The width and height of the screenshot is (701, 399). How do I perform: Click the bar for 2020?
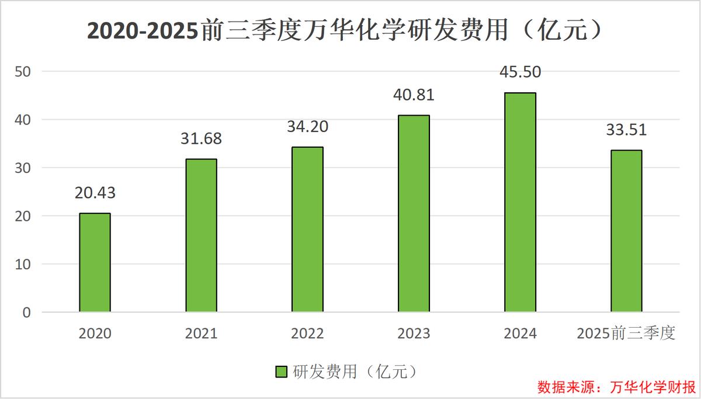coord(95,263)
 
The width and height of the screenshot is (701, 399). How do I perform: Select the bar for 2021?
coord(201,235)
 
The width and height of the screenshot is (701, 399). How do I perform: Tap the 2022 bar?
coord(307,230)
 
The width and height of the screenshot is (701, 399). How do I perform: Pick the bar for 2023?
coord(414,214)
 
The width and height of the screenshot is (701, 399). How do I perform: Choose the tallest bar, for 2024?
coord(520,202)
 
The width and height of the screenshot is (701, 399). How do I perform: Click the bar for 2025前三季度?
coord(626,231)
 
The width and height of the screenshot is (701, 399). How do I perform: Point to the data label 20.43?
coord(95,193)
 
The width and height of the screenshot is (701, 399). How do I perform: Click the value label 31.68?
coord(201,139)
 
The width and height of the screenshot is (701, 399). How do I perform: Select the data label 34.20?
coord(307,127)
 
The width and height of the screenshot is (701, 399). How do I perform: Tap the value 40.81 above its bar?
coord(414,95)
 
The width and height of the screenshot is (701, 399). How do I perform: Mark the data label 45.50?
coord(520,72)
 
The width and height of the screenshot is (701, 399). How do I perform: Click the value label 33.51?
coord(626,130)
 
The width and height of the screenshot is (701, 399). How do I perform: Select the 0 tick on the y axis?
coord(26,313)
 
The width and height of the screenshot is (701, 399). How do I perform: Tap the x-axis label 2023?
coord(414,334)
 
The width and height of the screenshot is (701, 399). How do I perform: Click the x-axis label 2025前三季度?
coord(626,334)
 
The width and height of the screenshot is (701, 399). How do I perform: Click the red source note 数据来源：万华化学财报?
coord(616,387)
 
